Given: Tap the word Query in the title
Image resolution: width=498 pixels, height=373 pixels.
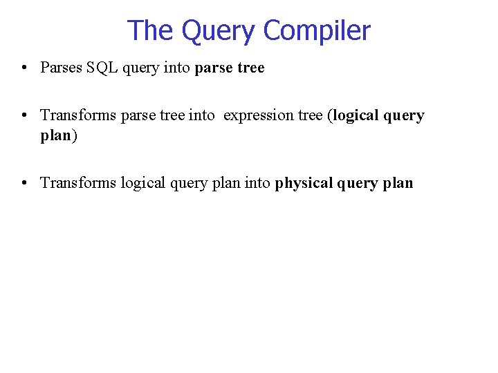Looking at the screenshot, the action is coord(219,31).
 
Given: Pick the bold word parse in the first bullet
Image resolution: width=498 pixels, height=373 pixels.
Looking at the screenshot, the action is coord(214,68).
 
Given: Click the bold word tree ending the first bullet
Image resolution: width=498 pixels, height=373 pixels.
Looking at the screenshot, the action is coord(250,68).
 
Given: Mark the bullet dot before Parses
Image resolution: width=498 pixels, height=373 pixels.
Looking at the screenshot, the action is coord(24,68).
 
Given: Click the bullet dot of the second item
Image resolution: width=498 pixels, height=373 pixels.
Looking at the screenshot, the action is coord(24,116).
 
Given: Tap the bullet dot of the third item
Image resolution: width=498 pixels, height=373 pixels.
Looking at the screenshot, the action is coord(24,184).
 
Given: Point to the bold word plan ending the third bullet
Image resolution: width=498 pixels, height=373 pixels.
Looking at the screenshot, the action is coord(397,183).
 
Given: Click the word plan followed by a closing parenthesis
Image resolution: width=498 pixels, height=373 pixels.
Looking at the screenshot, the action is coord(55,135).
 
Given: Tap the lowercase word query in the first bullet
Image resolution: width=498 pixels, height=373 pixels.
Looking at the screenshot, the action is coord(144,68).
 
